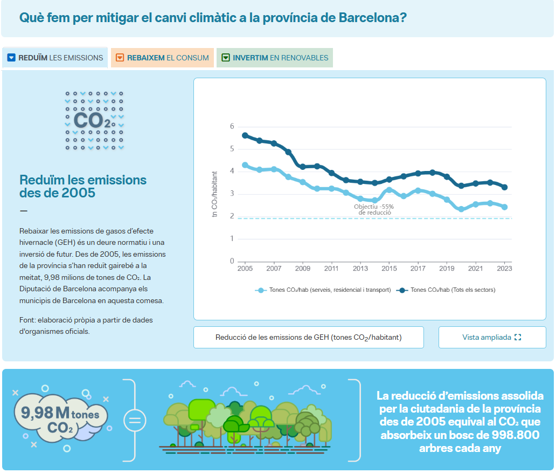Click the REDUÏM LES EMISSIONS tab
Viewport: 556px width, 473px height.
coord(55,58)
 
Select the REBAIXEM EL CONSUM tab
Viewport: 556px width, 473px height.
coord(162,58)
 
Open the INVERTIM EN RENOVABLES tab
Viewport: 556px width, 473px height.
coord(275,58)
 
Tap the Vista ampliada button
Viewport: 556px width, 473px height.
coord(492,337)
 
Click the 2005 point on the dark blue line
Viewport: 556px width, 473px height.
coord(245,135)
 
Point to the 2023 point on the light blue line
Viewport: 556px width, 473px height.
coord(504,207)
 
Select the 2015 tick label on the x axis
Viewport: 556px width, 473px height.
coord(389,269)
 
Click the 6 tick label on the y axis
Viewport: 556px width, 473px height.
coord(232,126)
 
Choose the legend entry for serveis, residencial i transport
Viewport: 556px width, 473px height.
coord(323,290)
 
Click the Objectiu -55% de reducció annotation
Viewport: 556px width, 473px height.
coord(374,210)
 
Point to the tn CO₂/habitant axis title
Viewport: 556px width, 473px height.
coord(214,194)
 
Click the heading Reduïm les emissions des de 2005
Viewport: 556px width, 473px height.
coord(83,186)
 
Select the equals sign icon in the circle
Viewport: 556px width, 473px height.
coord(135,421)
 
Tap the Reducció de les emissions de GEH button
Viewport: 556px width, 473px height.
coord(308,337)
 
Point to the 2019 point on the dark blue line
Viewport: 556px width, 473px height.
coord(447,177)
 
